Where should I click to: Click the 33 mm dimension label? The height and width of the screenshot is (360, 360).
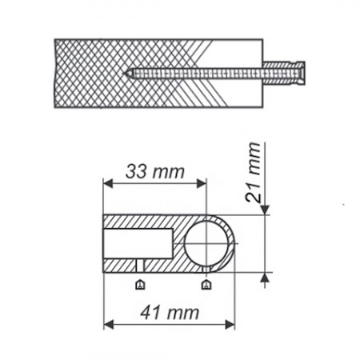click(155, 171)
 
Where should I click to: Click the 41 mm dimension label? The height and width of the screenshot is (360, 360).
click(170, 313)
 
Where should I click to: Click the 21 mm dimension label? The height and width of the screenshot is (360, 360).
click(253, 172)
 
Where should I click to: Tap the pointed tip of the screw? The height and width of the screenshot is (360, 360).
click(125, 73)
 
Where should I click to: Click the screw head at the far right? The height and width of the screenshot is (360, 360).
click(302, 73)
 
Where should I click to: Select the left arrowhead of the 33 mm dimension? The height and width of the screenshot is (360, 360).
click(108, 183)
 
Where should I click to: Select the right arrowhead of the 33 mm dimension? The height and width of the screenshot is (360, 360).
click(202, 183)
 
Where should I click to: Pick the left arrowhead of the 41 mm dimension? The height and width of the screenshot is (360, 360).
click(108, 325)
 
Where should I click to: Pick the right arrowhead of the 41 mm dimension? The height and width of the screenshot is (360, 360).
click(230, 325)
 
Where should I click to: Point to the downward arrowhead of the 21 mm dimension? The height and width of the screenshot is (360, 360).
click(265, 210)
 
